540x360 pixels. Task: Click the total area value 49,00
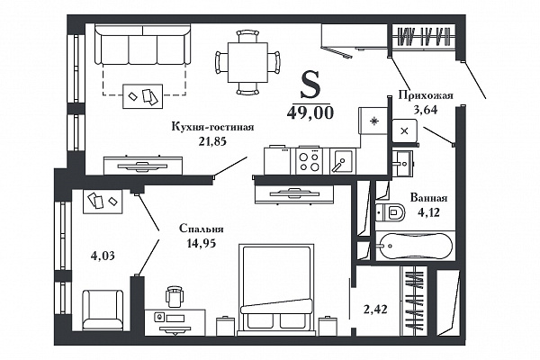[x=310, y=112]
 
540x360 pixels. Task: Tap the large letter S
[x=310, y=85]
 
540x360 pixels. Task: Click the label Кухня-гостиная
[x=212, y=127]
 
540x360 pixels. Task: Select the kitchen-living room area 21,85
[x=212, y=141]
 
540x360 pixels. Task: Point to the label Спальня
[x=202, y=229]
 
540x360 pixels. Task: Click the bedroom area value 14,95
[x=202, y=243]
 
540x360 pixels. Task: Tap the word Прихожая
[x=426, y=95]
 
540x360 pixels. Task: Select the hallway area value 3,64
[x=426, y=110]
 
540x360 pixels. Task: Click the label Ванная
[x=428, y=198]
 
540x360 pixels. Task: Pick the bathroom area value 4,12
[x=428, y=212]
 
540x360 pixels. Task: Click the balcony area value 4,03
[x=103, y=256]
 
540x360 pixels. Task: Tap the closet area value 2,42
[x=375, y=309]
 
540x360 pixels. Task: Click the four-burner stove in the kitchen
[x=309, y=161]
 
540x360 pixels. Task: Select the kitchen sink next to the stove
[x=342, y=161]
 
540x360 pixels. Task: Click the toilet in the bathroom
[x=391, y=211]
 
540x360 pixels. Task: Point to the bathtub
[x=414, y=246]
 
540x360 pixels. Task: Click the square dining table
[x=247, y=62]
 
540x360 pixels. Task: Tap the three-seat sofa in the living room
[x=142, y=46]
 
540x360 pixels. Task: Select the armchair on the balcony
[x=103, y=310]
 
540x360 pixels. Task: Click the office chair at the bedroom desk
[x=175, y=296]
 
